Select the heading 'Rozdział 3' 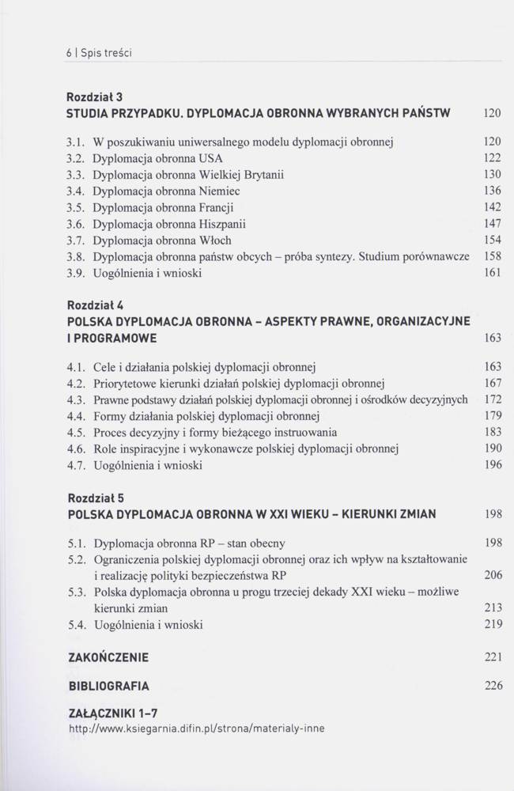[x=95, y=98]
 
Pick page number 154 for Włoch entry [x=493, y=240]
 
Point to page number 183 [x=493, y=432]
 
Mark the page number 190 [x=493, y=448]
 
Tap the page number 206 [x=493, y=575]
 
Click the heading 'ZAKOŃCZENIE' [x=108, y=657]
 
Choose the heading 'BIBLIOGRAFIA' [x=108, y=686]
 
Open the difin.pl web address [x=197, y=729]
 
